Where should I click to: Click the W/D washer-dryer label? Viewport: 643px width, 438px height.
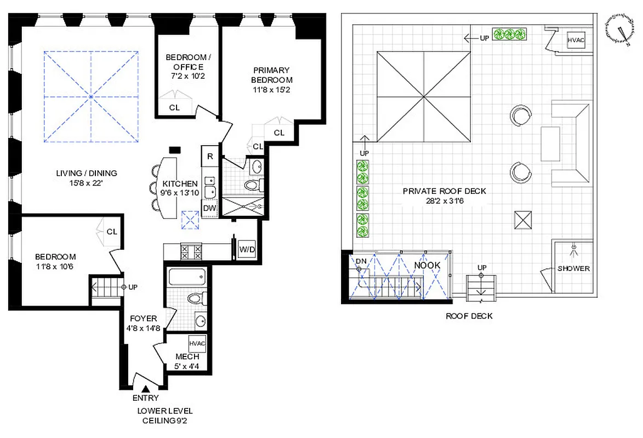(247, 250)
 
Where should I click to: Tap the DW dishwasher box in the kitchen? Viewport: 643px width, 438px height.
(209, 208)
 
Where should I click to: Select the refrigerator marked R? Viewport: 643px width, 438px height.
(209, 155)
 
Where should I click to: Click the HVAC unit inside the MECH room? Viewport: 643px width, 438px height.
(197, 343)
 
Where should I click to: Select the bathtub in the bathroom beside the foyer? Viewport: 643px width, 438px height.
(187, 278)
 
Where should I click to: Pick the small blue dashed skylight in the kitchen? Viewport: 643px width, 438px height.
(191, 220)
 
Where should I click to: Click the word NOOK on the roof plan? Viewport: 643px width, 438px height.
(427, 265)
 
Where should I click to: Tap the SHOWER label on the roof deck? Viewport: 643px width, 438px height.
(573, 268)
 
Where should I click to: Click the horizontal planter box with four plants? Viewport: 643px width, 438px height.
(510, 34)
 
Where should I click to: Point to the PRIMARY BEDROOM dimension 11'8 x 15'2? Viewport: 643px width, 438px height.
(271, 90)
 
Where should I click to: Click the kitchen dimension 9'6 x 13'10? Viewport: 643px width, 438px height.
(179, 193)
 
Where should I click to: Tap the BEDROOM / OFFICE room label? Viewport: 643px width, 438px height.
(186, 62)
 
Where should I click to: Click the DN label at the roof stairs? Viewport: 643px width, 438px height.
(360, 261)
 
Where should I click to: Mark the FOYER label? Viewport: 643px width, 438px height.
(143, 319)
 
